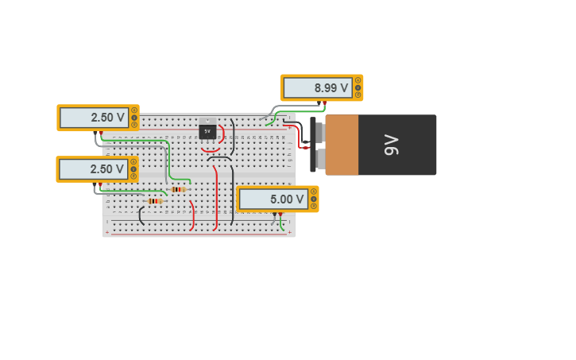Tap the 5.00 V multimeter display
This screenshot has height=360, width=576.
273,199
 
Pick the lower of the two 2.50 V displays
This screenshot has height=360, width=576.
93,169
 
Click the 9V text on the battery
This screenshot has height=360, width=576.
391,145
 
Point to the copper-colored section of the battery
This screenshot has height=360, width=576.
342,145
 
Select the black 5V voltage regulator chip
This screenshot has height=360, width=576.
207,131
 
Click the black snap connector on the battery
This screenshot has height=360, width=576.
313,145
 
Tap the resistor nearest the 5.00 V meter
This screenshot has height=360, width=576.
178,189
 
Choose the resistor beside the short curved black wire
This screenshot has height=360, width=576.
154,201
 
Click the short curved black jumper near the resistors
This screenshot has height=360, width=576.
141,215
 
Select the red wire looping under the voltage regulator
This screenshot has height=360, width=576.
210,149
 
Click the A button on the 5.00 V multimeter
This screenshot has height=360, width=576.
314,192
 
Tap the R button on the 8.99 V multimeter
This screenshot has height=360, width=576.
358,95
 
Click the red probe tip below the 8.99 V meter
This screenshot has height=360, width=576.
323,103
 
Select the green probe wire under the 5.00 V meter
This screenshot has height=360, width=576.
281,223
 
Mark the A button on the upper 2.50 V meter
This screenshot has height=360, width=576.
134,110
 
